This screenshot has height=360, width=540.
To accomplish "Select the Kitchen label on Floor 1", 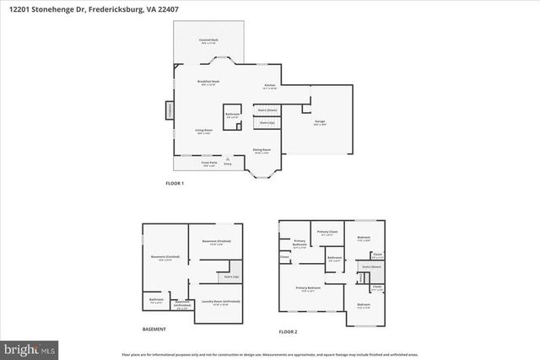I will [270, 86].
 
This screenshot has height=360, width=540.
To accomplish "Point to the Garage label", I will [320, 122].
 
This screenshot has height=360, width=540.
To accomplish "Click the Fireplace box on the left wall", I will [168, 111].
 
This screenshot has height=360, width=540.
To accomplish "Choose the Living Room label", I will [204, 131].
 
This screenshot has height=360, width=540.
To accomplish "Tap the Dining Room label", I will [262, 151].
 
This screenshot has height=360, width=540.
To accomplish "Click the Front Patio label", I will [209, 165].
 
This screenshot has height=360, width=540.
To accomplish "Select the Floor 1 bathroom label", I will [232, 116].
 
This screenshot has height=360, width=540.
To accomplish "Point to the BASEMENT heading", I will [154, 329].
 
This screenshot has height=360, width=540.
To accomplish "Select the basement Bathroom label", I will [156, 299].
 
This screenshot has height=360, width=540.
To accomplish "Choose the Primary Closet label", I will [327, 233].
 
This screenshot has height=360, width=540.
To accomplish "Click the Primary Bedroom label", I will [308, 290].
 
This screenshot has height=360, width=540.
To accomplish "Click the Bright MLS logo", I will [29, 347].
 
